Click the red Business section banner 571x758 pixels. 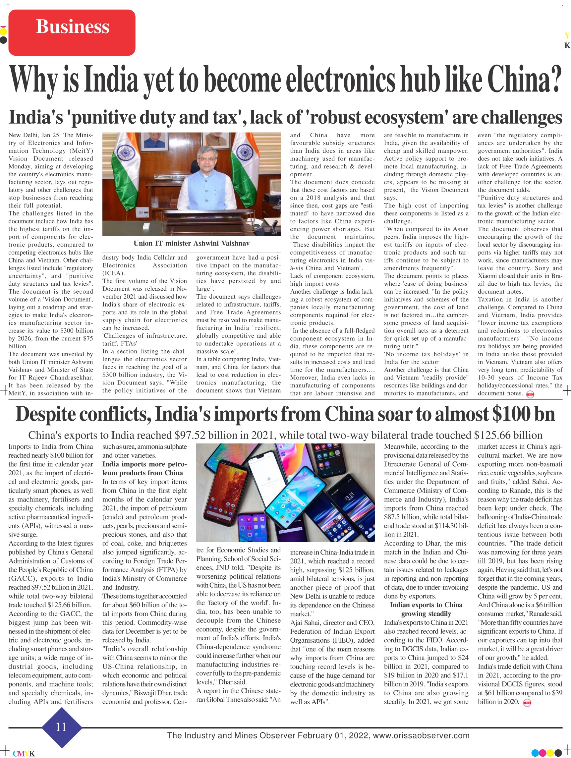tap(72, 32)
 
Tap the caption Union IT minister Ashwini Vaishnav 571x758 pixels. tap(191, 243)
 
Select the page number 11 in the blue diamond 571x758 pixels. tap(61, 727)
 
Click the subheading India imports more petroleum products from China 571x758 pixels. tap(144, 468)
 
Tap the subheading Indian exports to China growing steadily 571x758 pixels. tap(426, 609)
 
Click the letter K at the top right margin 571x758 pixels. tap(567, 46)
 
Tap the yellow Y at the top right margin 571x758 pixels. tap(567, 35)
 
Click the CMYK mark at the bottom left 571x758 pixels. tap(24, 754)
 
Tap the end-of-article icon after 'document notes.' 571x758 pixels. tap(530, 394)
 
